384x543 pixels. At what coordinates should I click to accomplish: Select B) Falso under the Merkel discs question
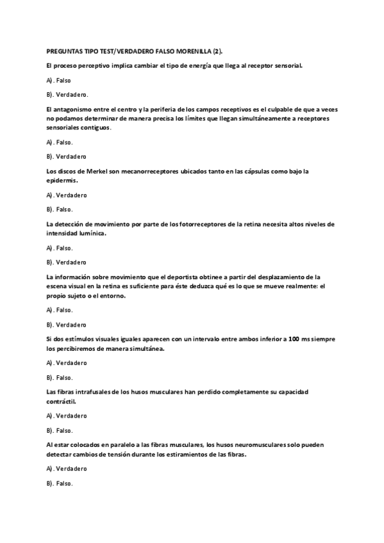coord(60,209)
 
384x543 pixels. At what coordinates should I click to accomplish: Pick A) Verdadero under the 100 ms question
coord(67,363)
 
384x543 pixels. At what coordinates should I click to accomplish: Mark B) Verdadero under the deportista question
coord(67,324)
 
